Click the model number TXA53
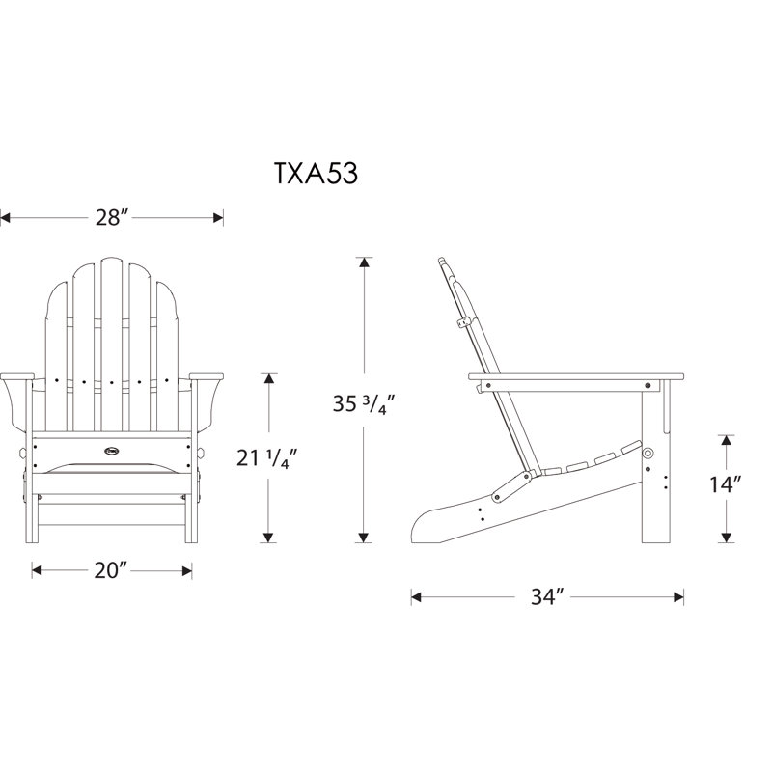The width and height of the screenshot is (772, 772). pyautogui.click(x=316, y=174)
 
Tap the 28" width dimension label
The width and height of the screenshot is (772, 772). pyautogui.click(x=112, y=217)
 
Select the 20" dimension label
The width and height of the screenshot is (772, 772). pyautogui.click(x=110, y=570)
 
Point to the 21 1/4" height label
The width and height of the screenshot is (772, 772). pyautogui.click(x=266, y=458)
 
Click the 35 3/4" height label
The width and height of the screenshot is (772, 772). pyautogui.click(x=364, y=403)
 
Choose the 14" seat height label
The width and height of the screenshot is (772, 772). pyautogui.click(x=726, y=484)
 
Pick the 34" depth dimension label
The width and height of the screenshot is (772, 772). pyautogui.click(x=546, y=596)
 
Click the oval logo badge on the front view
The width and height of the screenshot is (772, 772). pyautogui.click(x=112, y=450)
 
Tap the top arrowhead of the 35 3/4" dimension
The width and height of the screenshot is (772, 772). pyautogui.click(x=364, y=262)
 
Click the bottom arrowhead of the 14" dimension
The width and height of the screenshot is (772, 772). pyautogui.click(x=726, y=538)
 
